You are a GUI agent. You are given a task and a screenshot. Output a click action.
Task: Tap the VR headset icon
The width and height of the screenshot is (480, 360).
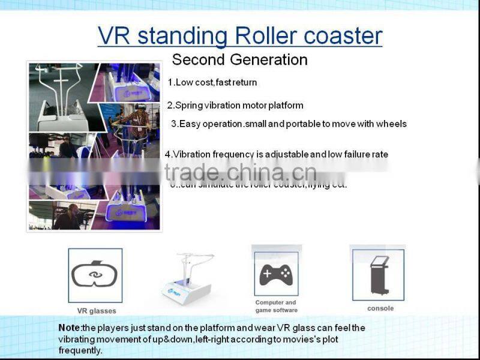tap(95, 275)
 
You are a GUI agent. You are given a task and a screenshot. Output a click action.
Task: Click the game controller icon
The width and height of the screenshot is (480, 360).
tap(275, 274)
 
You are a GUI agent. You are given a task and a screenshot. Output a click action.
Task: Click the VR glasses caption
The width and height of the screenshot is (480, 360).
tap(96, 311)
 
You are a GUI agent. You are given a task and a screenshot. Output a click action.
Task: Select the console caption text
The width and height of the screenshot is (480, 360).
tap(380, 308)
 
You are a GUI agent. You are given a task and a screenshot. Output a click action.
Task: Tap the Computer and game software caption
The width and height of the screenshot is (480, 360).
tap(276, 306)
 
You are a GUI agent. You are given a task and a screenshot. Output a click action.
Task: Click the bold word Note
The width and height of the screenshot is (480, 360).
tap(69, 328)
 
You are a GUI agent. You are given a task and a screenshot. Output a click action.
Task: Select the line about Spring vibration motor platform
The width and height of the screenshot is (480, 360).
tap(235, 106)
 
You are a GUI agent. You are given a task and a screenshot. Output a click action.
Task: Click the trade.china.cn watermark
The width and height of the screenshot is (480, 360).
tap(240, 173)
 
